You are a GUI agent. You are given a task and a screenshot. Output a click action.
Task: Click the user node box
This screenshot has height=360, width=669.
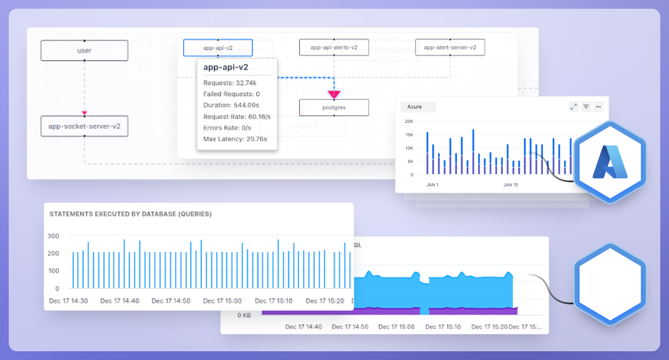tap(84, 50)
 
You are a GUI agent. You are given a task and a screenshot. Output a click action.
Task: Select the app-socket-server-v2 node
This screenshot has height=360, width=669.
tap(84, 126)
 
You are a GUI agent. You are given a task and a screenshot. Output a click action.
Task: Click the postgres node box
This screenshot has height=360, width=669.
tap(334, 108)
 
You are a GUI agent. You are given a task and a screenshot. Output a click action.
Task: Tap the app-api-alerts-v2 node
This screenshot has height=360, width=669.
tap(334, 47)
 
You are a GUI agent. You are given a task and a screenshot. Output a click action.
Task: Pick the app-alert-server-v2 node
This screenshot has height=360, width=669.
tap(450, 47)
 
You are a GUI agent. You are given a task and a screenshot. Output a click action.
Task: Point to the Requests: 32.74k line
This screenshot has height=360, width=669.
tap(230, 83)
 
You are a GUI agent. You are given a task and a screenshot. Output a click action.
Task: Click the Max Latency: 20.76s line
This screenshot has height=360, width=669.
tap(232, 139)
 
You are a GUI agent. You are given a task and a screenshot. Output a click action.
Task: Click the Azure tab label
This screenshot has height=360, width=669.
tap(415, 107)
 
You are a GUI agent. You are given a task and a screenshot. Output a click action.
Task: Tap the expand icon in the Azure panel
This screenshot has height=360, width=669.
tap(573, 107)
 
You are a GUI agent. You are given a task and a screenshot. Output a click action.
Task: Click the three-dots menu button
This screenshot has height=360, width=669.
tap(598, 107)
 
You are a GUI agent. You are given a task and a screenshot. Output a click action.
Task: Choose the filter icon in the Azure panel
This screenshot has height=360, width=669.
tap(586, 107)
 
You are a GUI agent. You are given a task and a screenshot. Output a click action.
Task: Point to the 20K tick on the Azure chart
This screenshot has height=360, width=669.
tap(409, 121)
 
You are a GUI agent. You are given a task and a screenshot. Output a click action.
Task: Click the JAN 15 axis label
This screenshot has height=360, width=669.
tap(510, 185)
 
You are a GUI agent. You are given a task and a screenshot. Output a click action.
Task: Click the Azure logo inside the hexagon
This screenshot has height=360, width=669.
tap(610, 162)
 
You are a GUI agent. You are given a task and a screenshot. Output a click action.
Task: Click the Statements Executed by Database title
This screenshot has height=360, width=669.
tap(130, 214)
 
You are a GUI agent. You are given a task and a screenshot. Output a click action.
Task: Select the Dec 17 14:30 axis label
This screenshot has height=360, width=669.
tap(68, 301)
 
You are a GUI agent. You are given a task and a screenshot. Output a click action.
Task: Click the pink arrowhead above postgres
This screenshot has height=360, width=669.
tap(334, 94)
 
